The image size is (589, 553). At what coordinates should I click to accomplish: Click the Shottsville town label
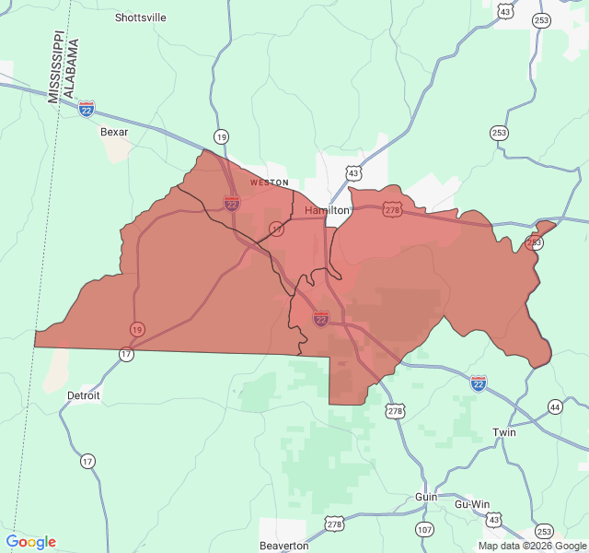click(141, 17)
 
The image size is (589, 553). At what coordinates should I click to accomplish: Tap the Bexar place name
click(114, 131)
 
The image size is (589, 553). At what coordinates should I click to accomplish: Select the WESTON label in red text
click(270, 182)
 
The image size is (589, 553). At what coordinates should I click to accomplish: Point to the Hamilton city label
click(327, 210)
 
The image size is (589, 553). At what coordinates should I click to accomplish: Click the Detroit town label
click(84, 394)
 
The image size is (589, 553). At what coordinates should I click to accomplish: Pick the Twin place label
click(504, 432)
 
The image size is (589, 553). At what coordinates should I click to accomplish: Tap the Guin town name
click(426, 496)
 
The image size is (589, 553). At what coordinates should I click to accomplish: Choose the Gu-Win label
click(473, 504)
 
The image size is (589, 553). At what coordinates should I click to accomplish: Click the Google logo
click(30, 542)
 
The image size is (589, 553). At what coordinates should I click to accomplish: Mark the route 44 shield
click(554, 406)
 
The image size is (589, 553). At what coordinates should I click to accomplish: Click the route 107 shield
click(424, 529)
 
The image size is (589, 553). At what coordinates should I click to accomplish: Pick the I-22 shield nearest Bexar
click(87, 109)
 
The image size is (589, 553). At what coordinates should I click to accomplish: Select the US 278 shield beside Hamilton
click(393, 210)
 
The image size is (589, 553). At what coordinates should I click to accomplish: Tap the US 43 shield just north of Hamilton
click(354, 173)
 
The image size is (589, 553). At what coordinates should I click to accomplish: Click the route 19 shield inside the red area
click(137, 329)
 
